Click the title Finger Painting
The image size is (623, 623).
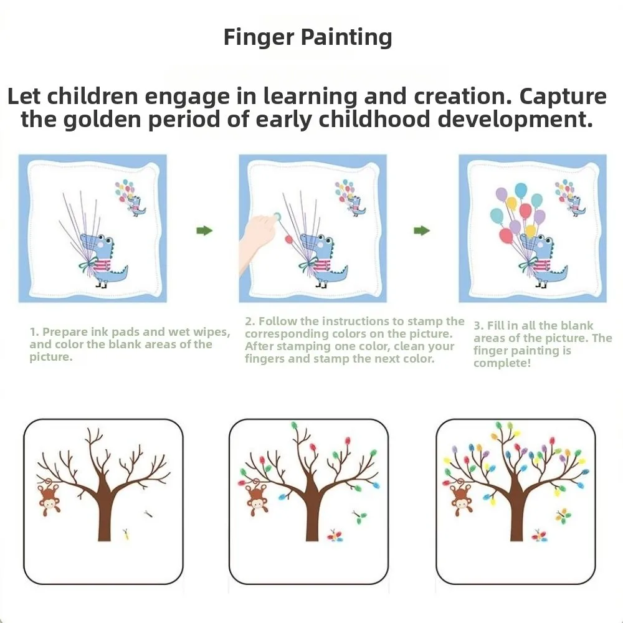point(308,37)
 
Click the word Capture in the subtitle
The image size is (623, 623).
point(563,97)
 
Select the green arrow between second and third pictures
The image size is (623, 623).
point(422,231)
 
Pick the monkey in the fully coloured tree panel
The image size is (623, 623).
point(461,499)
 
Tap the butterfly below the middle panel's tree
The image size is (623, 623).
point(335,538)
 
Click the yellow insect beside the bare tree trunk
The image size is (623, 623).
point(126,533)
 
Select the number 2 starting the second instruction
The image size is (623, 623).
point(248,321)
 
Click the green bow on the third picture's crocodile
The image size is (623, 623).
point(526,267)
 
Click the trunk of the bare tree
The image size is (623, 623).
point(104,517)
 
